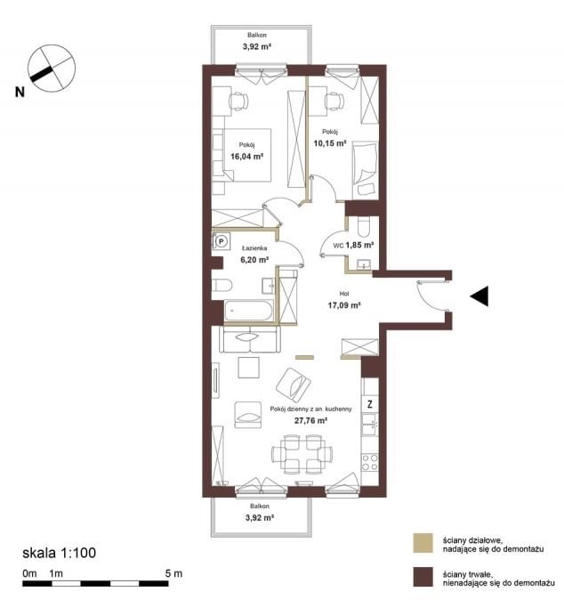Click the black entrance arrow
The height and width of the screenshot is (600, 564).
[x=479, y=296]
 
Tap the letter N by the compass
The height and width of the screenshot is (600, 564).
[x=20, y=93]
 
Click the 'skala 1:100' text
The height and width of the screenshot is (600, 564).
[x=60, y=553]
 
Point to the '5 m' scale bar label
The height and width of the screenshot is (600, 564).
[x=173, y=573]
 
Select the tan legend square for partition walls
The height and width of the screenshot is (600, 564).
[x=423, y=543]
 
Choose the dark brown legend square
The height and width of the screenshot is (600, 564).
[x=423, y=577]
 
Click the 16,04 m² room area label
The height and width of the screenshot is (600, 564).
[x=247, y=156]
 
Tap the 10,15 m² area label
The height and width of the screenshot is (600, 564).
[x=330, y=143]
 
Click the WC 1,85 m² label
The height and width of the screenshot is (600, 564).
[x=353, y=245]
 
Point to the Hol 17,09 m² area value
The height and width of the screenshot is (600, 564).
[x=344, y=305]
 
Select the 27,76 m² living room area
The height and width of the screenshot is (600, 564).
[x=310, y=420]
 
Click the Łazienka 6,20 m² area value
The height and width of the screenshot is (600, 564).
[x=254, y=259]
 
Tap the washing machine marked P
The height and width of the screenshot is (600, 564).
[x=222, y=241]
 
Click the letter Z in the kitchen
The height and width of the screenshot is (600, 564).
[x=370, y=403]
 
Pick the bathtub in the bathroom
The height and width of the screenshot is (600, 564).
[x=248, y=311]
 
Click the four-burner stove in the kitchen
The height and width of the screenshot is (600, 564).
[x=370, y=462]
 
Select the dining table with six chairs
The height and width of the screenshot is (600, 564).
[x=302, y=454]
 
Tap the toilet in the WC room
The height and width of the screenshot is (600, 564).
[x=362, y=227]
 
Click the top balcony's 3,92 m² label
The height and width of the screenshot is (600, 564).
[x=257, y=46]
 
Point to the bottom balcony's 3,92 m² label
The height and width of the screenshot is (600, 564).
[x=260, y=517]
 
